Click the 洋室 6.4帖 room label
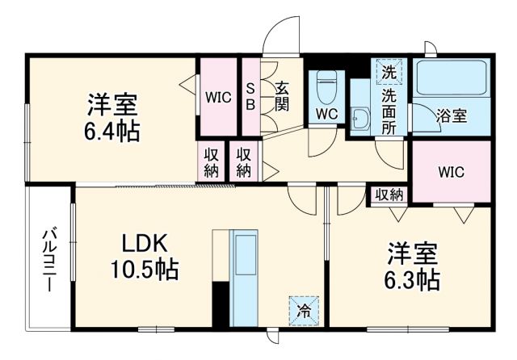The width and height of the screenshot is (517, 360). pyautogui.click(x=112, y=118)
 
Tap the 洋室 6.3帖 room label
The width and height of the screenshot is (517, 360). pyautogui.click(x=413, y=267)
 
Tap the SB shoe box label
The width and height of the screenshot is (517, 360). pyautogui.click(x=250, y=95)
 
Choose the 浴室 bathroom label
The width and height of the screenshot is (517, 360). pyautogui.click(x=451, y=115)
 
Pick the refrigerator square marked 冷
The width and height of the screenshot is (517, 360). pyautogui.click(x=303, y=308)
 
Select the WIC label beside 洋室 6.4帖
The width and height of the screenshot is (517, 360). pyautogui.click(x=218, y=97)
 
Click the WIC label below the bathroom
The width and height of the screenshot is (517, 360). pyautogui.click(x=451, y=172)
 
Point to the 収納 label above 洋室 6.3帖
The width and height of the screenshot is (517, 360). pyautogui.click(x=389, y=194)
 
